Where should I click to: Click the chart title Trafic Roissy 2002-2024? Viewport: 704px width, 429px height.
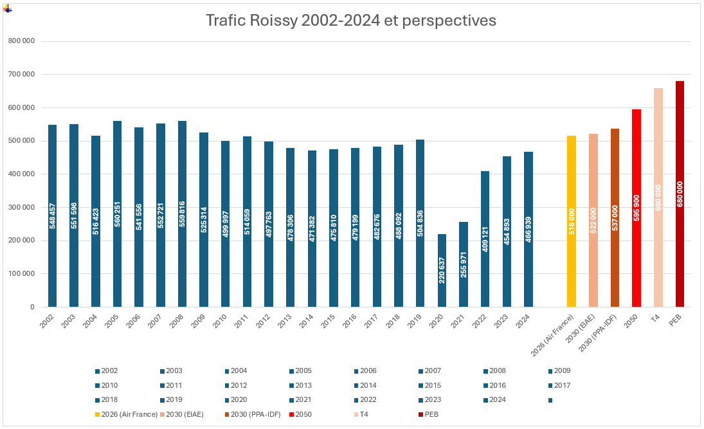click(x=350, y=21)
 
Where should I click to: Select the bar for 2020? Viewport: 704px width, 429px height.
click(x=442, y=270)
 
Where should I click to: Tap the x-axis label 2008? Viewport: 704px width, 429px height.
click(x=176, y=321)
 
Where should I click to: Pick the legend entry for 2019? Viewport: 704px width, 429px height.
click(x=170, y=400)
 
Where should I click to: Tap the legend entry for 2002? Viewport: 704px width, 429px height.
click(x=106, y=371)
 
